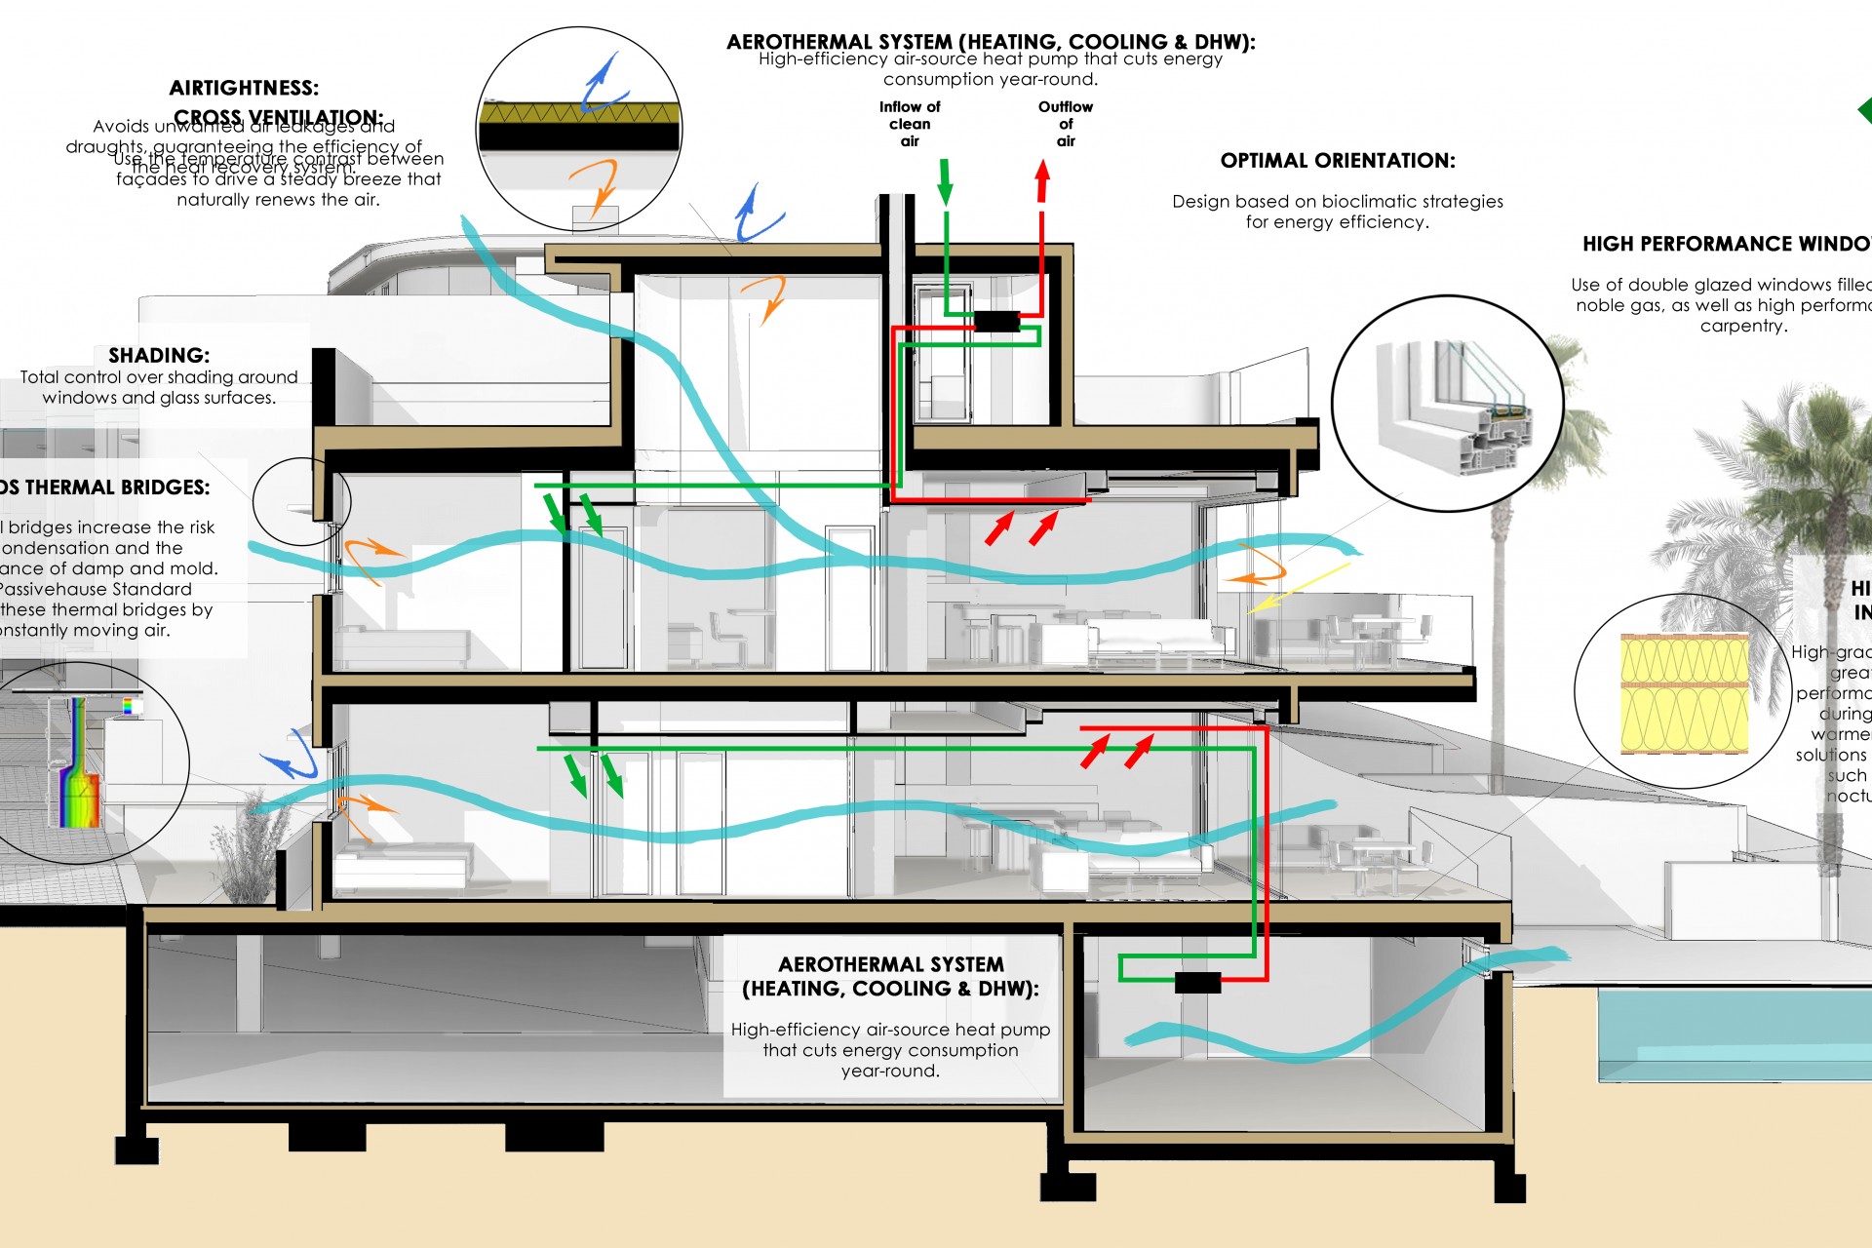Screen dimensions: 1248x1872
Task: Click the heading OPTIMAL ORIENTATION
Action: click(x=1338, y=161)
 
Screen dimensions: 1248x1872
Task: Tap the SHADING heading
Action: click(x=159, y=356)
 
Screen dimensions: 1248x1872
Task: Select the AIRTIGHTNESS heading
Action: click(x=244, y=89)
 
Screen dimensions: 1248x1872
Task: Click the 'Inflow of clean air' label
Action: click(x=910, y=124)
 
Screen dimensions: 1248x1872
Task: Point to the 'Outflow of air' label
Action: click(x=1066, y=124)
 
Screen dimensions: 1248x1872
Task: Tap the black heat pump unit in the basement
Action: click(x=1197, y=983)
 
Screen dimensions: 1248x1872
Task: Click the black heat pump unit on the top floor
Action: click(x=996, y=321)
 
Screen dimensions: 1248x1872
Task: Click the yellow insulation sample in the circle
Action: click(x=1684, y=693)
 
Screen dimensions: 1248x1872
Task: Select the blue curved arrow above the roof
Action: click(x=756, y=214)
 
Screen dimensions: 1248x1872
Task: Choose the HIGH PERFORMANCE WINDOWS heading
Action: click(x=1726, y=245)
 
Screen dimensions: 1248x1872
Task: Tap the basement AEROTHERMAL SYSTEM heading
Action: click(x=890, y=976)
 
